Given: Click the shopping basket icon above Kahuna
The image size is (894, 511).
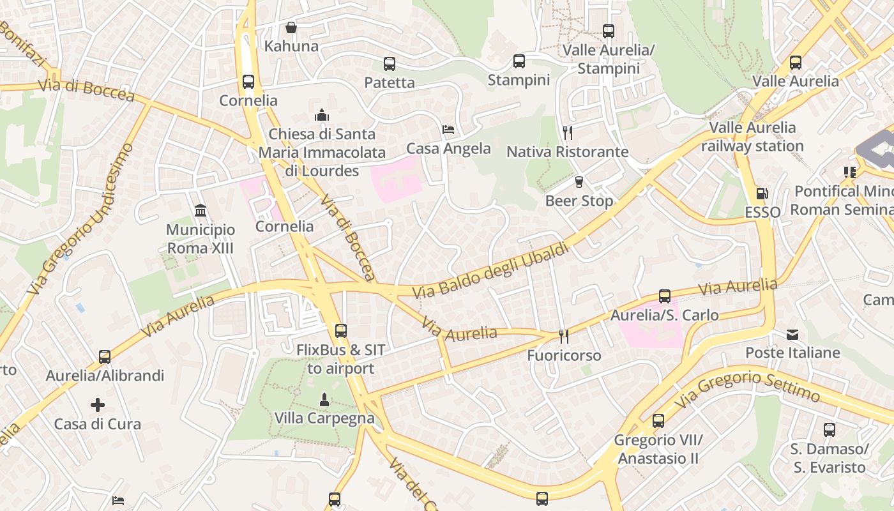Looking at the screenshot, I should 291,27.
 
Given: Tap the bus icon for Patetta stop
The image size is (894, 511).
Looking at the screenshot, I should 390,64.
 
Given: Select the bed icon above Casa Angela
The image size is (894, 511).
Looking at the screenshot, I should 448,130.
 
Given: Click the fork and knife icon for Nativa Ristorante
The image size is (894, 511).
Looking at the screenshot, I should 567,133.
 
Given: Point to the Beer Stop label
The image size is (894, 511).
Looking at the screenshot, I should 579,201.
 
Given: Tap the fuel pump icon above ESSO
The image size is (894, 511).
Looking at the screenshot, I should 762,193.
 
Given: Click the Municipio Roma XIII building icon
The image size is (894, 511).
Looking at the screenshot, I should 201,211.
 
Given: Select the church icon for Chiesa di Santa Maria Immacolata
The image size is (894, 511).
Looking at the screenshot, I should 322,116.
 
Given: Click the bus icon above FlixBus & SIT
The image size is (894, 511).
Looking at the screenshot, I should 341,331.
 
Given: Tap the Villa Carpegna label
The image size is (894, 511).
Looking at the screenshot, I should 324,418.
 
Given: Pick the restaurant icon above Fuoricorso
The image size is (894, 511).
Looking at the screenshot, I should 563,336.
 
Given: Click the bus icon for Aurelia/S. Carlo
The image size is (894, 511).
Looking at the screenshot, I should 665,296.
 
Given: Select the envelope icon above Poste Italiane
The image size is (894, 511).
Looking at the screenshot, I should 792,334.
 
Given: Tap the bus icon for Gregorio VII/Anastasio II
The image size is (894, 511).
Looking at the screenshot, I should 658,421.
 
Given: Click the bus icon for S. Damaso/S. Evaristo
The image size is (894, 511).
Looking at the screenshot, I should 830,430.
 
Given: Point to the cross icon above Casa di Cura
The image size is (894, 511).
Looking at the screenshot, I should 98,405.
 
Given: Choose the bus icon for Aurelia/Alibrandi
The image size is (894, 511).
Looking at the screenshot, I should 105,357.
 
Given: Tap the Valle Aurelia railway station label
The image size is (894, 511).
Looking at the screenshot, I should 752,137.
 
